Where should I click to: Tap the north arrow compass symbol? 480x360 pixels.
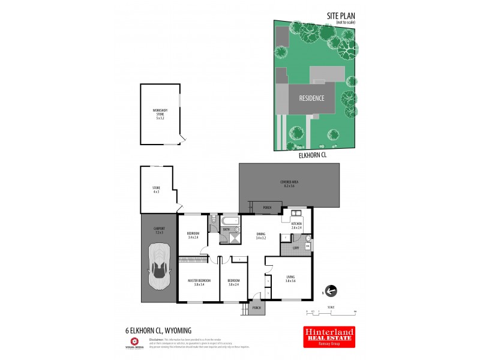pos(331,291)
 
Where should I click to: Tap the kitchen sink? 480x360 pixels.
pos(296,214)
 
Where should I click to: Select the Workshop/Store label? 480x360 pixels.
pos(160,113)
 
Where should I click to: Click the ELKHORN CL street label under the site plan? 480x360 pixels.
pos(313,155)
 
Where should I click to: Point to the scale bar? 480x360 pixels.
pos(331,311)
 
